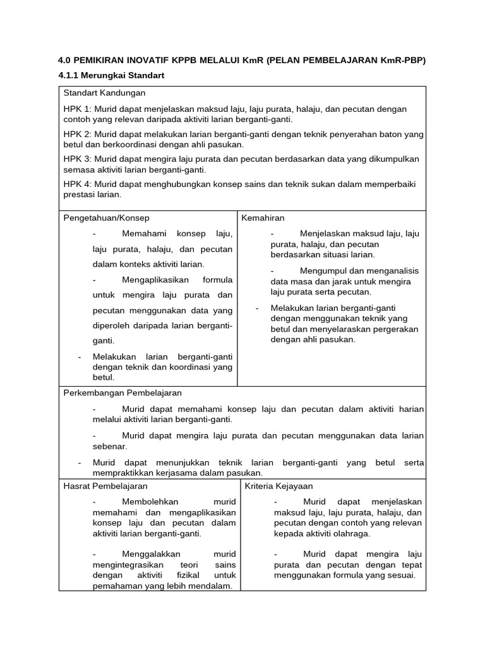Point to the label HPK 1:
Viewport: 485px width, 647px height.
coord(78,109)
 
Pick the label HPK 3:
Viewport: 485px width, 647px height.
coord(78,159)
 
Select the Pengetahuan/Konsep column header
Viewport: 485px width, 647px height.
coord(107,218)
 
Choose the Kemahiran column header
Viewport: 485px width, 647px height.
coord(263,218)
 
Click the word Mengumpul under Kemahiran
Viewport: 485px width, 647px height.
coord(324,271)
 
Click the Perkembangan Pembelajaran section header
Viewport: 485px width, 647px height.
coord(123,393)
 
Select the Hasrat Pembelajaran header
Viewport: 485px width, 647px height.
coord(106,486)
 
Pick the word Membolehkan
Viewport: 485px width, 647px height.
coord(150,502)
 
